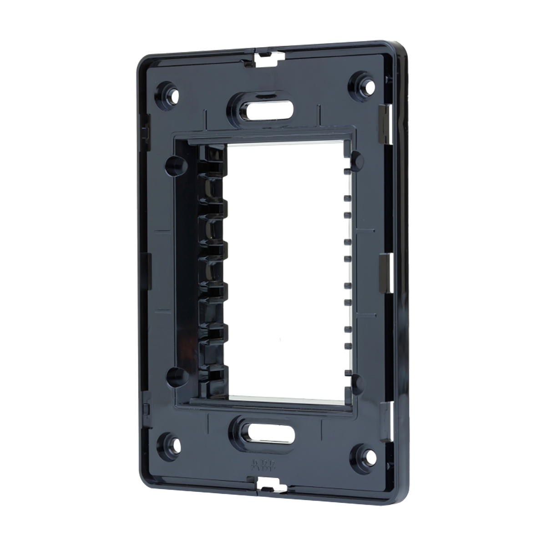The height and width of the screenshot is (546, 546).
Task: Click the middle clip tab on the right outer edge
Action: (x=383, y=264)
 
